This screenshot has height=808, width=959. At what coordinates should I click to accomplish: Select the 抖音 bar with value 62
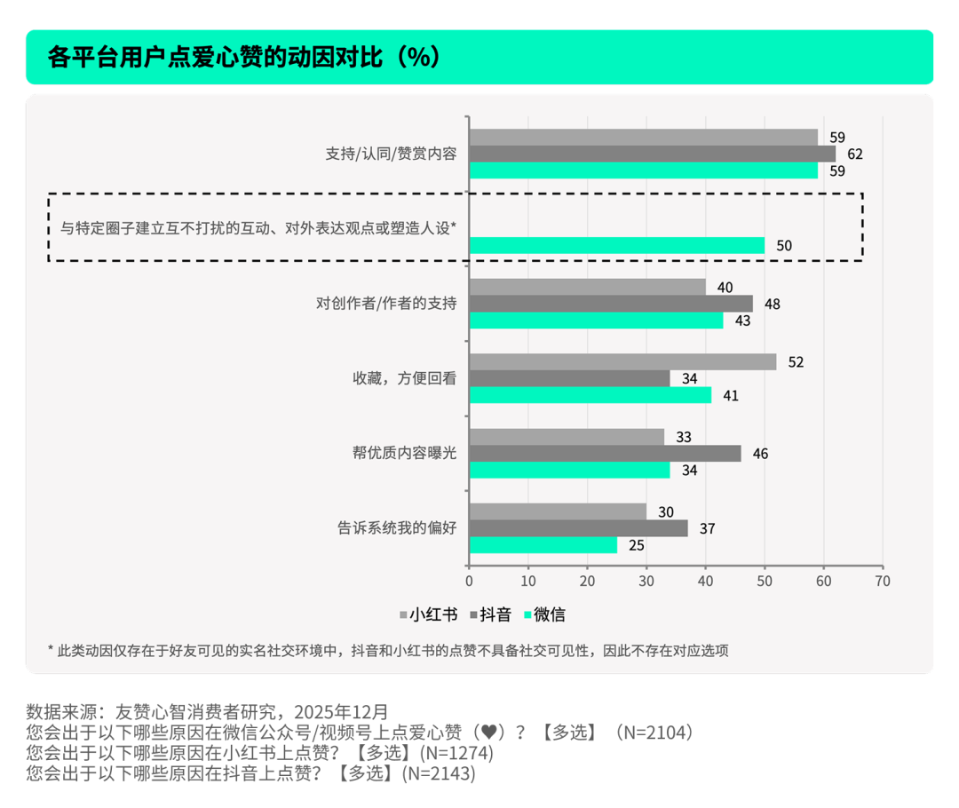point(652,154)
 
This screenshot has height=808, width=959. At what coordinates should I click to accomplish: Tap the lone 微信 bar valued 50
point(616,246)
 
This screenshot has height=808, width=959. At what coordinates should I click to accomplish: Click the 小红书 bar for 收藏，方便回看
point(622,362)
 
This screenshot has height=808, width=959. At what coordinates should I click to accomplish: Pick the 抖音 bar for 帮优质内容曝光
point(605,454)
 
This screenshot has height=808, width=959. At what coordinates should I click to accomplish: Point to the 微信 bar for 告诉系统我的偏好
point(543,545)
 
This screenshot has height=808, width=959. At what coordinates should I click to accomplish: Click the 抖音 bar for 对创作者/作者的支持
point(610,304)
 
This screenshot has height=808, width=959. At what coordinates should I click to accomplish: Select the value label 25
point(636,545)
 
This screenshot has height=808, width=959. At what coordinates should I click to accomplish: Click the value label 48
point(772,304)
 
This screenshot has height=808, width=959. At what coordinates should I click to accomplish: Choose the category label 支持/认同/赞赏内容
point(391,154)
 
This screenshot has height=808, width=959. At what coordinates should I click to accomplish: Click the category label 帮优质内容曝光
point(404,453)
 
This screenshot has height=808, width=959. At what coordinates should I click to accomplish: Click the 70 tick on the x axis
point(882,582)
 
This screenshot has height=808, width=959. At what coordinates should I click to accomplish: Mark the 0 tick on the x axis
point(469,582)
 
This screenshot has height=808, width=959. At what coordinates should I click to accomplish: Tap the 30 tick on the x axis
point(646,582)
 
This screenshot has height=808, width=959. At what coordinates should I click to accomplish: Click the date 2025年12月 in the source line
point(342,712)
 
